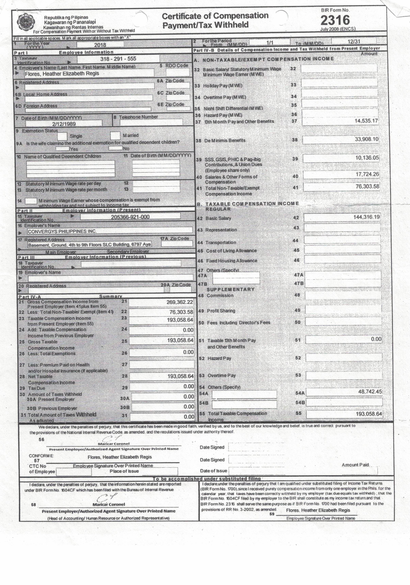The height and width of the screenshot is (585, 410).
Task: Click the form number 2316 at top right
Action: coord(335,20)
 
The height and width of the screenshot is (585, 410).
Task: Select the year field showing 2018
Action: coord(100,45)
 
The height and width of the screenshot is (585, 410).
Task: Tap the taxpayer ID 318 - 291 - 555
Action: coord(118,59)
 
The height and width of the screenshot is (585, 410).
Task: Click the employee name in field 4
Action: coord(62,74)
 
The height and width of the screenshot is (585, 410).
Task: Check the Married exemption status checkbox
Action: coord(115,135)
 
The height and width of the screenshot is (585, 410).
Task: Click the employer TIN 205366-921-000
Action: coord(130,217)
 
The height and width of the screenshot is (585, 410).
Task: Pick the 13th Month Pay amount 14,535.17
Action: coord(366,121)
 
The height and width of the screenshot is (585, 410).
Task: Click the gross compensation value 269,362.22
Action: coord(180,302)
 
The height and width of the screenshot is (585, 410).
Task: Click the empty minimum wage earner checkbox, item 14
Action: coord(31,201)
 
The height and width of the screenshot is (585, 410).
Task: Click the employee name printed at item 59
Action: coord(318,510)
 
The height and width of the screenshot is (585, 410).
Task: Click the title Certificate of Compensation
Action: coord(215,16)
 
